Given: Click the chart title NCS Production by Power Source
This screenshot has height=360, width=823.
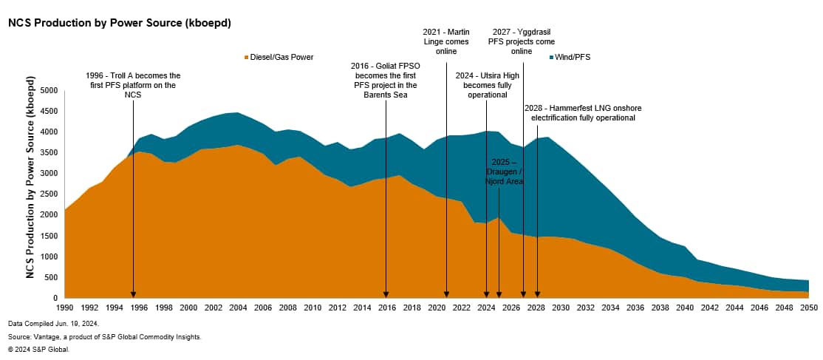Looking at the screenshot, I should [x=119, y=23].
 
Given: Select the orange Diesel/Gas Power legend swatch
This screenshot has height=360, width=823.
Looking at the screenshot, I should [x=245, y=57].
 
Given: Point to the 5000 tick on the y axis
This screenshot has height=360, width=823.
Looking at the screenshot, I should [x=48, y=91].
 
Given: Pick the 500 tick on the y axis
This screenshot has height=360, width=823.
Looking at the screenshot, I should [x=50, y=277].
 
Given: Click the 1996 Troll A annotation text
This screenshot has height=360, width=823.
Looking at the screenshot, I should [x=133, y=86].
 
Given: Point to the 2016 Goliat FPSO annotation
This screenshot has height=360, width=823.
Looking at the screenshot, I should [x=386, y=81].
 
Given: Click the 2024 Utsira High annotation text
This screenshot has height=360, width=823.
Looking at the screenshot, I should [x=485, y=85].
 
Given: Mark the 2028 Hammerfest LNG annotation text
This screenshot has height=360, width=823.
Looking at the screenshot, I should [x=580, y=113].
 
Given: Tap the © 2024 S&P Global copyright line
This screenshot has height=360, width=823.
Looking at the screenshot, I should [x=39, y=348].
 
